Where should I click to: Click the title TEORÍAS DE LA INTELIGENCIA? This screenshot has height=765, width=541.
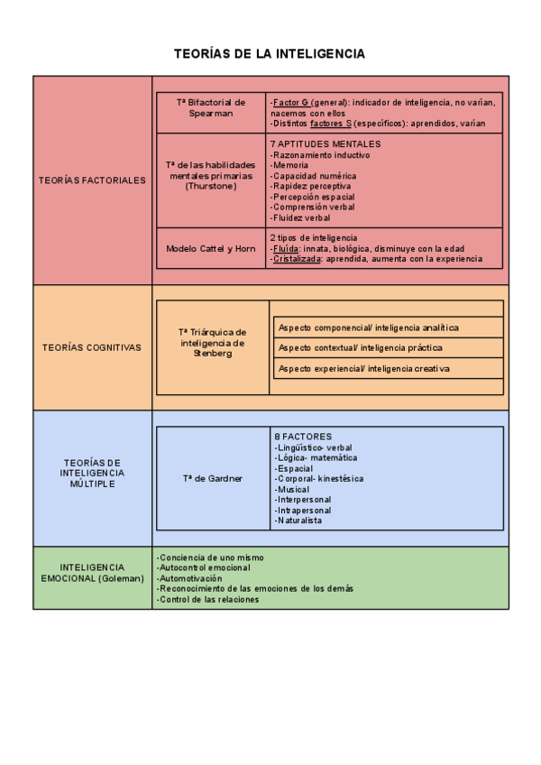[270, 54]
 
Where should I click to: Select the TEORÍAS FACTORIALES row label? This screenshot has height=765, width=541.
[92, 180]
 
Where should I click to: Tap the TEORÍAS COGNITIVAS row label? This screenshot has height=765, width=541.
[92, 347]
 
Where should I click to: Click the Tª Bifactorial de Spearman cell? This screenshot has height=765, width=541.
[211, 108]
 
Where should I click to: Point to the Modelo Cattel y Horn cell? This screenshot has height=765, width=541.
[211, 248]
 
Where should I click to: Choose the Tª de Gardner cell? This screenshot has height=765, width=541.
[212, 478]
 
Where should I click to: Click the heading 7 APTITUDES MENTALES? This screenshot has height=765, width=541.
[326, 143]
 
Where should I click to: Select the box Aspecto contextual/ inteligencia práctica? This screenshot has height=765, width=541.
[361, 347]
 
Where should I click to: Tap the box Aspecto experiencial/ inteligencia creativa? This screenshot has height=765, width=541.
[364, 368]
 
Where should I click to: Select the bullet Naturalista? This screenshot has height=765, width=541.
[299, 521]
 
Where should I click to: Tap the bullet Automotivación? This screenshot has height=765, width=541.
[189, 578]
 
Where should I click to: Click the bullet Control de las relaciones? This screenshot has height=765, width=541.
[208, 599]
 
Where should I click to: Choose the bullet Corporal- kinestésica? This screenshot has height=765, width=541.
[320, 478]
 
